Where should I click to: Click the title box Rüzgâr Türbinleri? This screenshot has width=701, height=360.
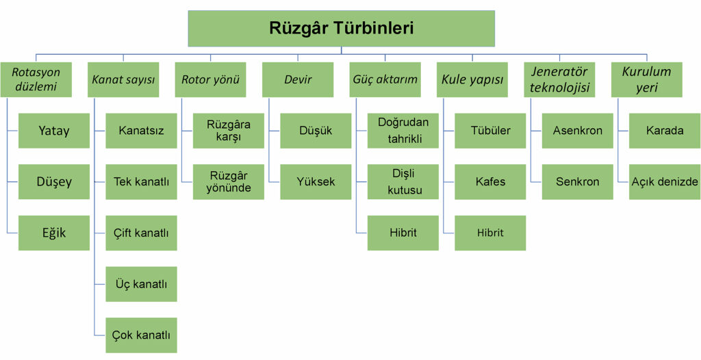pyautogui.click(x=341, y=28)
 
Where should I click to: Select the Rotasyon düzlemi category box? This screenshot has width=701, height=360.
pyautogui.click(x=36, y=79)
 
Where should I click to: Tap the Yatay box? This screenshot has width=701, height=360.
pyautogui.click(x=54, y=131)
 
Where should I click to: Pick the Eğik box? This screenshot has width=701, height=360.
pyautogui.click(x=54, y=233)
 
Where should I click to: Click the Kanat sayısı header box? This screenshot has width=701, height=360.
pyautogui.click(x=123, y=79)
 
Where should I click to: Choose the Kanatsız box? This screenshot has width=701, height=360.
pyautogui.click(x=141, y=131)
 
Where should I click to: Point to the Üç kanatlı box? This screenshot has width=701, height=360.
pyautogui.click(x=141, y=284)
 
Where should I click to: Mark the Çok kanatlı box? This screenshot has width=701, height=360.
pyautogui.click(x=141, y=335)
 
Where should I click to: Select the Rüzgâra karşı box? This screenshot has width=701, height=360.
pyautogui.click(x=229, y=131)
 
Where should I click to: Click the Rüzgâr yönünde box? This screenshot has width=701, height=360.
pyautogui.click(x=229, y=181)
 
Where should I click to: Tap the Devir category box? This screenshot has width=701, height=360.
pyautogui.click(x=298, y=79)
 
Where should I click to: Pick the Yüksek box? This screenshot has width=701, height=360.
pyautogui.click(x=316, y=181)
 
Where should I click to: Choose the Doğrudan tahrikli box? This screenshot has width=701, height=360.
pyautogui.click(x=403, y=131)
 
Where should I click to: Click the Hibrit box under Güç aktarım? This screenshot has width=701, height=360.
pyautogui.click(x=403, y=233)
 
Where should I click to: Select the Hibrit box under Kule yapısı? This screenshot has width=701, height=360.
pyautogui.click(x=490, y=233)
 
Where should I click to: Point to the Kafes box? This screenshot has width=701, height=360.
pyautogui.click(x=490, y=181)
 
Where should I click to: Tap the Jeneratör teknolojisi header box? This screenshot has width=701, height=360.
pyautogui.click(x=559, y=79)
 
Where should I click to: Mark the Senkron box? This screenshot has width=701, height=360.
pyautogui.click(x=577, y=181)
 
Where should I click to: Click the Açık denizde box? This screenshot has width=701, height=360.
pyautogui.click(x=665, y=181)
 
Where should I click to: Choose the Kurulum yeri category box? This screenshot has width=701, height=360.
pyautogui.click(x=647, y=79)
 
